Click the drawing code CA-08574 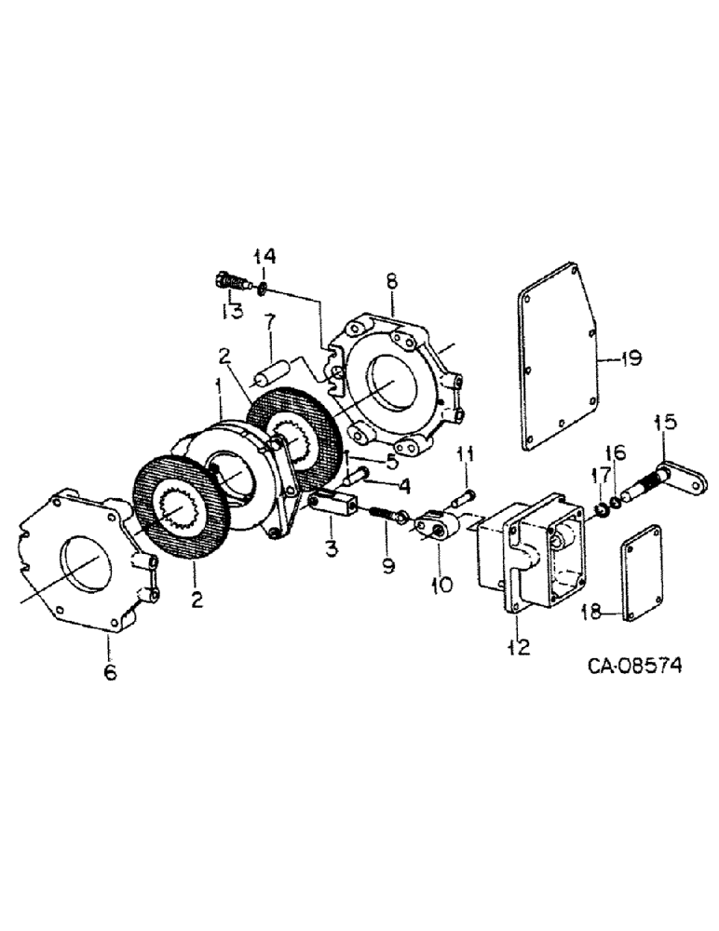[x=634, y=665]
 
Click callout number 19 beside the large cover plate [x=631, y=358]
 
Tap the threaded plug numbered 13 [x=230, y=281]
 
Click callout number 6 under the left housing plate [x=110, y=672]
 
